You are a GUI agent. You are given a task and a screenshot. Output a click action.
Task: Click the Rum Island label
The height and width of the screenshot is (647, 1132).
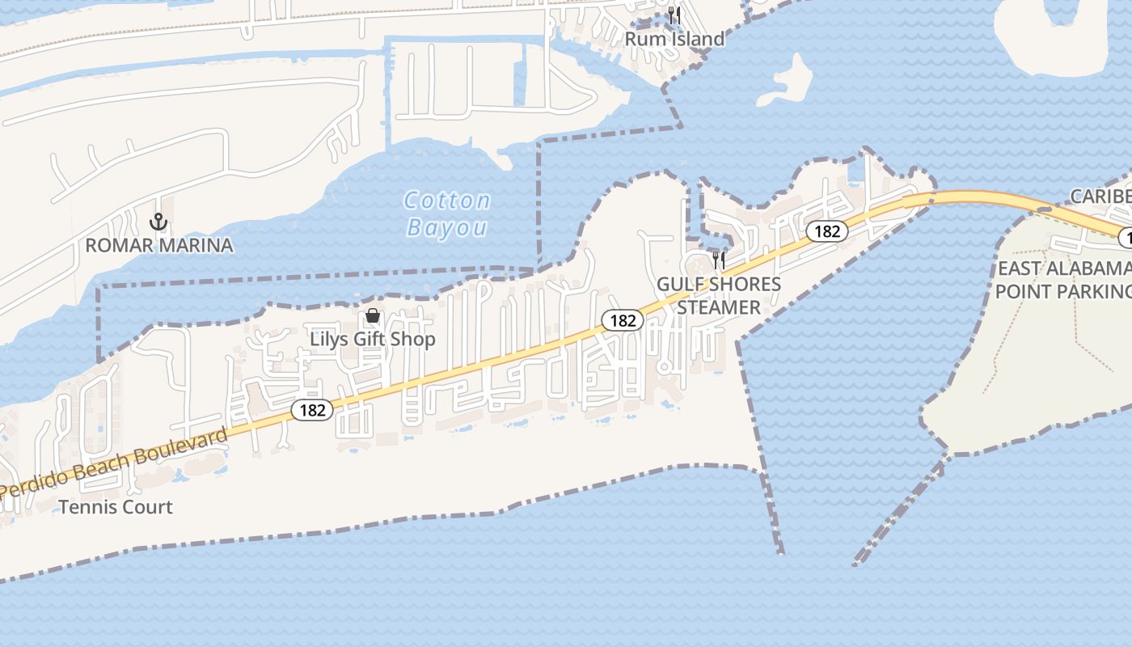674,39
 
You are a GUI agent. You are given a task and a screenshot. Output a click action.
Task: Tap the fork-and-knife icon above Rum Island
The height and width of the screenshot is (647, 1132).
675,15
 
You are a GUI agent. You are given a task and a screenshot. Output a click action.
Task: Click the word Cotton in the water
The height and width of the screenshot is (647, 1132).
446,201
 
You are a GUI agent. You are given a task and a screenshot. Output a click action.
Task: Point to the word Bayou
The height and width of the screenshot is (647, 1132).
447,227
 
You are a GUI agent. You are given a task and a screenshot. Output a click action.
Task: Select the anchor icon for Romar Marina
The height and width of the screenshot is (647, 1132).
158,221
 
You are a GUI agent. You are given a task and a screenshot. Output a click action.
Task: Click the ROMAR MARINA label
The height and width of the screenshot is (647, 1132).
159,245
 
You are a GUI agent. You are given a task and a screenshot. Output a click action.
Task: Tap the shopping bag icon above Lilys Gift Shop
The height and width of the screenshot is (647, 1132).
373,315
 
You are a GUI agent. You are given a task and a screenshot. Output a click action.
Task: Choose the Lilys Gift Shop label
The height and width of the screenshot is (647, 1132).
373,339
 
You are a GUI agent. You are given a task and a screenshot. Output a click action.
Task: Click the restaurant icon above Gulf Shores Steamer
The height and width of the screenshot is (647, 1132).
718,260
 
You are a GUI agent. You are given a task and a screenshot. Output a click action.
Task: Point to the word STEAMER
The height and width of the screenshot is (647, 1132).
718,307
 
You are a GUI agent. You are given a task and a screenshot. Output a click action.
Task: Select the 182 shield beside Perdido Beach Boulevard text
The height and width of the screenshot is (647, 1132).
312,410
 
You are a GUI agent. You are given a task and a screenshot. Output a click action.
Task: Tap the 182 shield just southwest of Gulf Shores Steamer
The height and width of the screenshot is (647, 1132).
623,321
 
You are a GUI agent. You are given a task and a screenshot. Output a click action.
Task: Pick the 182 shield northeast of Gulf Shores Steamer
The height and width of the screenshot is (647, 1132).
827,231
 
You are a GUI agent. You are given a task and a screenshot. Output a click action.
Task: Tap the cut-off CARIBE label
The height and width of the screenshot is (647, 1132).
1100,197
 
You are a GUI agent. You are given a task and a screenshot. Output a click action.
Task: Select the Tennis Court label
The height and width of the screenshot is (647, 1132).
116,507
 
